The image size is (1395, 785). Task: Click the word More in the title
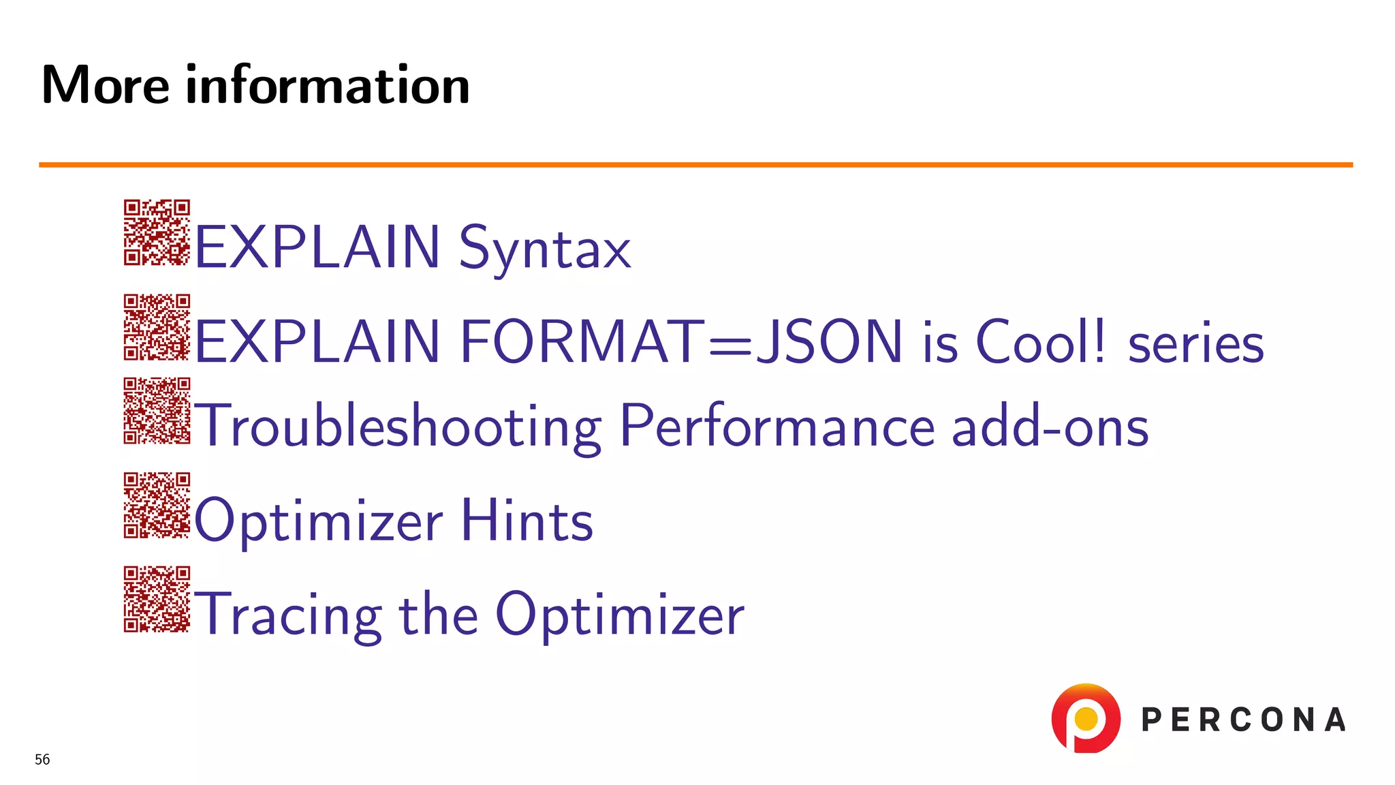[x=105, y=85]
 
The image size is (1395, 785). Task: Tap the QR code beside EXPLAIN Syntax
[x=157, y=232]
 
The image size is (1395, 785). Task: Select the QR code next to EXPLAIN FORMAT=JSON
[x=157, y=327]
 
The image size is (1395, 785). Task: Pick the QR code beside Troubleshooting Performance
[x=157, y=411]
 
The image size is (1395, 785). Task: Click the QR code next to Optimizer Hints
[x=157, y=505]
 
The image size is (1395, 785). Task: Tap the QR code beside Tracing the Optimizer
[x=157, y=599]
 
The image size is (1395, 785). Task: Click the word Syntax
[x=545, y=249]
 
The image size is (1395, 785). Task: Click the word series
[x=1195, y=344]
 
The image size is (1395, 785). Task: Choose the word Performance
[x=777, y=427]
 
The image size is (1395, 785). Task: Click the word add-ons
[x=1050, y=427]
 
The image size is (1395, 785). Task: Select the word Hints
[x=527, y=521]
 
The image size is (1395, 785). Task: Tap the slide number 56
[x=42, y=760]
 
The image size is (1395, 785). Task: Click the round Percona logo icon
[x=1086, y=718]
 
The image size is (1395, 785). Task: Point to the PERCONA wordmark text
[x=1243, y=720]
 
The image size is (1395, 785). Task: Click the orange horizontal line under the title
[x=695, y=165]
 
